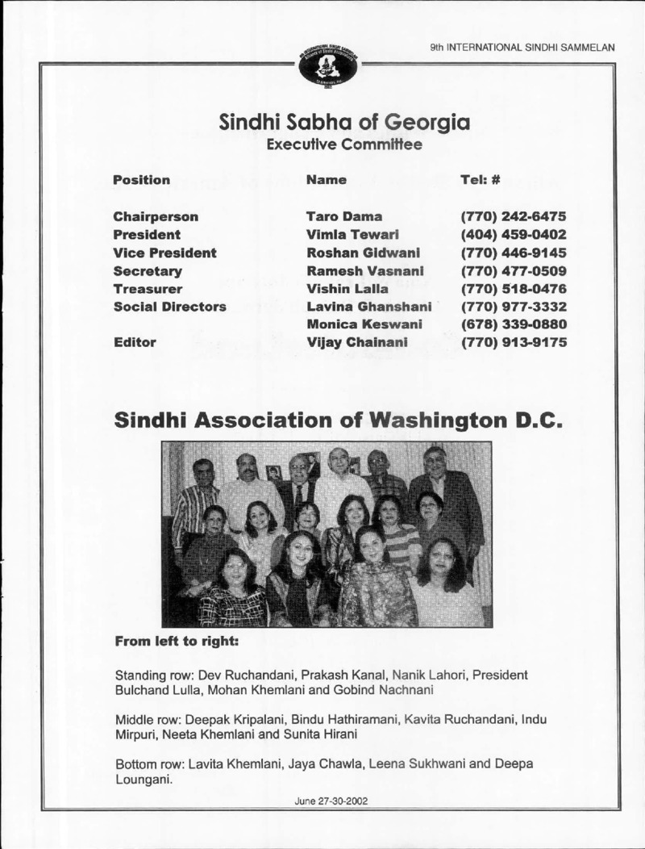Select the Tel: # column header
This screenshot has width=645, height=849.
point(481,180)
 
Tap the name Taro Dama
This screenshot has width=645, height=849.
point(344,217)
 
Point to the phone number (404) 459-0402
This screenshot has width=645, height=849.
point(514,235)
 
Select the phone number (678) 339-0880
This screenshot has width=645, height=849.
point(514,324)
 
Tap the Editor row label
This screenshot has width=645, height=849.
point(134,342)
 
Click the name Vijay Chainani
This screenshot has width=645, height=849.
point(357,342)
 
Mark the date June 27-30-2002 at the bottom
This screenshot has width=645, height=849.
point(332,801)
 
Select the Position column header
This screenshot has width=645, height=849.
point(142,180)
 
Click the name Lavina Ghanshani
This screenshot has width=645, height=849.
point(369,307)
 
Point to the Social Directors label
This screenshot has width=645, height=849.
point(169,307)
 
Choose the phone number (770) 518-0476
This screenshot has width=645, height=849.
point(514,288)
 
